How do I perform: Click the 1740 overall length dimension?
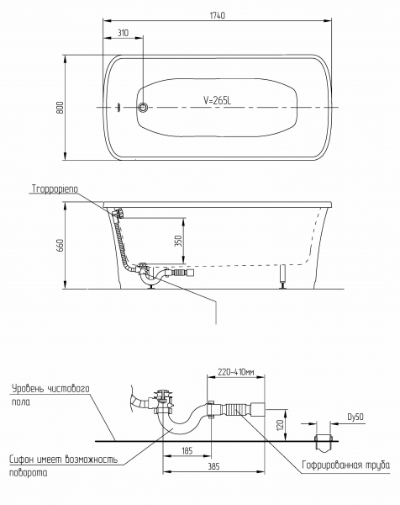218,15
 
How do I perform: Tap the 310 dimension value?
123,33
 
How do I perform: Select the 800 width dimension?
61,108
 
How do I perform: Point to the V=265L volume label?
217,100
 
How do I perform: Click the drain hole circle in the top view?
143,107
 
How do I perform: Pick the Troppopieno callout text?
55,189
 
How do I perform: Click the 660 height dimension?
61,246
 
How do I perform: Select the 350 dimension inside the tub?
178,241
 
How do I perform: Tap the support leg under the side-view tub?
283,276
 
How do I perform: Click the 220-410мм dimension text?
235,372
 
